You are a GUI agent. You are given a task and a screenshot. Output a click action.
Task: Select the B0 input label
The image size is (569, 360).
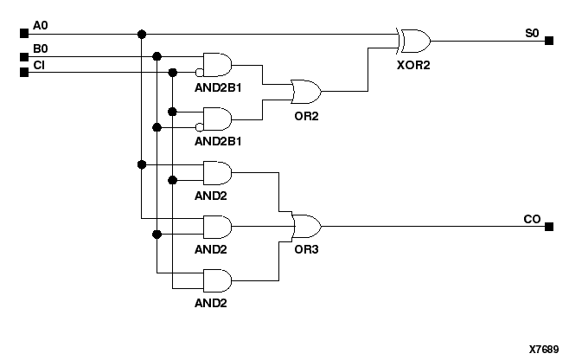(40, 48)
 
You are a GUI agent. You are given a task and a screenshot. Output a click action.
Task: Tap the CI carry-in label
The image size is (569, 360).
(39, 64)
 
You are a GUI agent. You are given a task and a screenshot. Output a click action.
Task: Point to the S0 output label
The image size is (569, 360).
(531, 32)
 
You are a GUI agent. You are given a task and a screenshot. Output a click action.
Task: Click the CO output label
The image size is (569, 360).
(532, 219)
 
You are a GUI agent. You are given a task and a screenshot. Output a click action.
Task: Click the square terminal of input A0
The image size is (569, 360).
(23, 34)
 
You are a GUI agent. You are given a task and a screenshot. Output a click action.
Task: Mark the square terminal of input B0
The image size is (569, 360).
(23, 57)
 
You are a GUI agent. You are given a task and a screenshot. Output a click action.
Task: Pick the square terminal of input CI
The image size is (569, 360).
(23, 72)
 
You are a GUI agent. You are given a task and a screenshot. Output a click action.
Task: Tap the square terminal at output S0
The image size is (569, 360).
(548, 41)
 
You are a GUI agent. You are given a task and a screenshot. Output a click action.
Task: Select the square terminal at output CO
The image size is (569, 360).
(548, 227)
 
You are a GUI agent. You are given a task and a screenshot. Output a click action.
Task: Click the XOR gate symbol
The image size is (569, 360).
(413, 41)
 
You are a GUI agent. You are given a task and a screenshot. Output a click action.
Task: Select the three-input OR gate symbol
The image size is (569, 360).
(306, 227)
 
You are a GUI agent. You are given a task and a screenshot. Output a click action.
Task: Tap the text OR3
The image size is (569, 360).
(306, 249)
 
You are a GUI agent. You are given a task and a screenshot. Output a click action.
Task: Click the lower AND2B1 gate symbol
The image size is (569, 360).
(216, 119)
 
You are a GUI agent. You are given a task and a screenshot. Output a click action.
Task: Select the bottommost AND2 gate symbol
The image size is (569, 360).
(216, 280)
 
